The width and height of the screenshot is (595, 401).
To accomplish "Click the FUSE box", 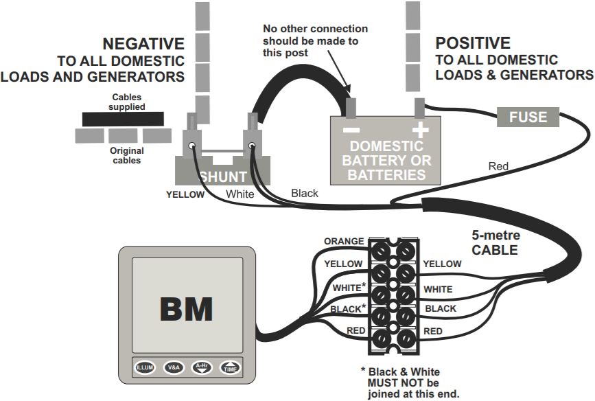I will tap(528, 117).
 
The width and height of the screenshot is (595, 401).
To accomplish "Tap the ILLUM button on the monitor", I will tap(144, 367).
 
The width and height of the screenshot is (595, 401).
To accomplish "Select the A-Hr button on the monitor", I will tap(202, 367).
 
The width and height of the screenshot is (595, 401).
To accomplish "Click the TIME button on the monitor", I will tap(231, 367).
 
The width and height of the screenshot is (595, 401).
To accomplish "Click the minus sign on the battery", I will tap(351, 129).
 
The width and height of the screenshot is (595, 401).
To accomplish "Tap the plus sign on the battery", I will tap(419, 129).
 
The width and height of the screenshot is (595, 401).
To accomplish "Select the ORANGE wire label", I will tap(344, 241).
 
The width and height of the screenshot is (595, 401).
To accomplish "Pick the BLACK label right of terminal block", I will tap(441, 308).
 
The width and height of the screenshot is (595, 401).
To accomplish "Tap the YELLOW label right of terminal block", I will tap(442, 264).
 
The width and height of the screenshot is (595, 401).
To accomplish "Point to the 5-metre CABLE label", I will tap(495, 243).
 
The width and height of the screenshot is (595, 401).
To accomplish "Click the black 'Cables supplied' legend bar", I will tap(123, 119).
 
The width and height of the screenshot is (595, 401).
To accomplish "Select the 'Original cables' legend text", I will tap(127, 155).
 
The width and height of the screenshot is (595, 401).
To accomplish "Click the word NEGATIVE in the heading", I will tap(143, 43).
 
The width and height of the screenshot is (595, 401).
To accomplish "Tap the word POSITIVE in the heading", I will tap(473, 43).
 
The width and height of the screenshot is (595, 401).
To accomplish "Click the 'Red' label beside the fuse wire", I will tap(498, 165).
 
